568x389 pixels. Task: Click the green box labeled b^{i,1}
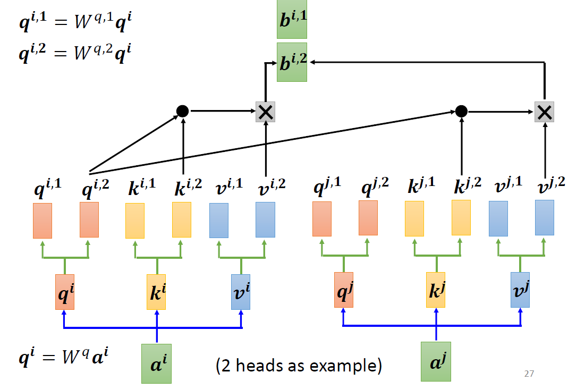292,20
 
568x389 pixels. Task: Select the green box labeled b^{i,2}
292,62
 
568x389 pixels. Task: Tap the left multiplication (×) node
265,112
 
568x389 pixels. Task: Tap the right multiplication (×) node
544,112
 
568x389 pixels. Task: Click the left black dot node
182,111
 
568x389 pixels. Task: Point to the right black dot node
461,111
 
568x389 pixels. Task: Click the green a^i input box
156,363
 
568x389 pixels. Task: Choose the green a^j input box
436,361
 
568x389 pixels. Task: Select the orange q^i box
64,292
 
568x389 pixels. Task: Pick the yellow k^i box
156,292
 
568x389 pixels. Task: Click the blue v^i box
241,292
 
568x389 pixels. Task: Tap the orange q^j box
343,290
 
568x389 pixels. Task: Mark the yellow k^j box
436,290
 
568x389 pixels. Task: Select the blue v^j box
520,290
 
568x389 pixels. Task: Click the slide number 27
528,374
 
